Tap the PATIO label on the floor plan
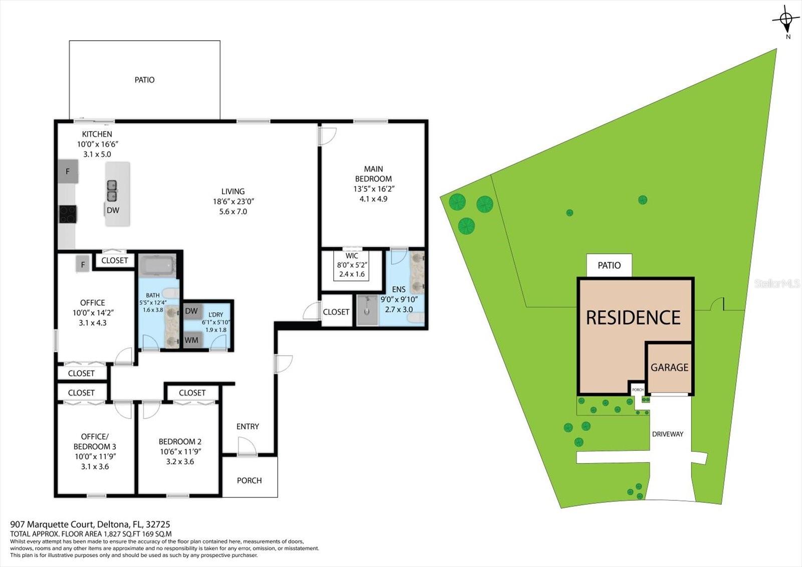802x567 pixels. click(x=144, y=80)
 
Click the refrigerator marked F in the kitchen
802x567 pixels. click(x=68, y=171)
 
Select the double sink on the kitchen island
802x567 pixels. click(x=112, y=191)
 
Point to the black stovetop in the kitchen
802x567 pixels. click(x=68, y=214)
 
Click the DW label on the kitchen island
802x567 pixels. click(x=113, y=210)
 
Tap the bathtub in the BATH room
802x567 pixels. click(x=157, y=265)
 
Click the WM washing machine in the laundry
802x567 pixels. click(x=191, y=340)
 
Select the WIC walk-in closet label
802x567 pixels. click(x=352, y=256)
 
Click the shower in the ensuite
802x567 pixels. click(x=367, y=310)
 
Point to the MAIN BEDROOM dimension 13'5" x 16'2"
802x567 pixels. click(x=373, y=189)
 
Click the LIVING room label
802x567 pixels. click(x=233, y=192)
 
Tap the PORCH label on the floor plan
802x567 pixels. click(x=249, y=480)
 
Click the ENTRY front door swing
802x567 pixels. click(x=246, y=446)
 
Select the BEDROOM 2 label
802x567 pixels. click(x=180, y=442)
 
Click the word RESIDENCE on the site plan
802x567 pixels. click(x=633, y=318)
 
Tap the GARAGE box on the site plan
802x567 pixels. click(x=669, y=367)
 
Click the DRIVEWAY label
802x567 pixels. click(x=667, y=434)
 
